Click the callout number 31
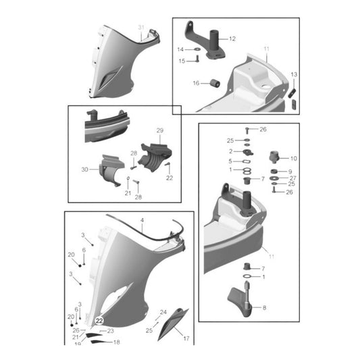tap(140, 27)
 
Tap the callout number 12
tap(232, 38)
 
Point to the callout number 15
tap(181, 61)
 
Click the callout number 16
tap(195, 84)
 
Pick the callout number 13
tap(293, 74)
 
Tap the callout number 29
tap(160, 130)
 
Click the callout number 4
tap(143, 221)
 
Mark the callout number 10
tap(293, 159)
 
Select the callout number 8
tap(263, 308)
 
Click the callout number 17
tap(186, 338)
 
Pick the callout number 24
tap(162, 312)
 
